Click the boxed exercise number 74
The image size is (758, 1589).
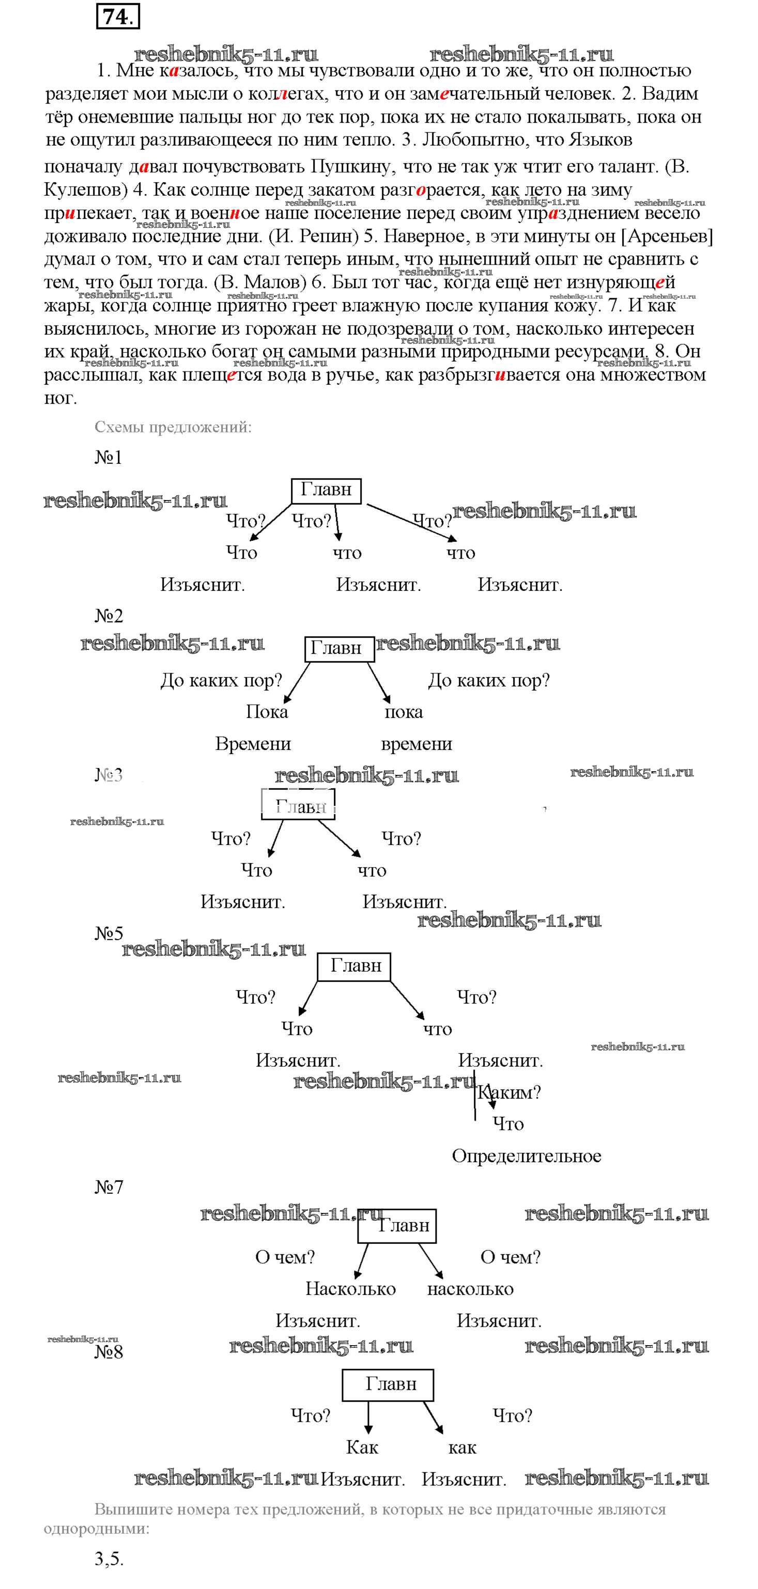(x=118, y=17)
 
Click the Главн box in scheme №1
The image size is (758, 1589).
(x=326, y=490)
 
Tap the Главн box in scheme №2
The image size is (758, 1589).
(x=339, y=649)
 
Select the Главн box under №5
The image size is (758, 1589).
(x=354, y=966)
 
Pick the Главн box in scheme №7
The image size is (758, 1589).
(x=398, y=1226)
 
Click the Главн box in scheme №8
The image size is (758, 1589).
(x=388, y=1384)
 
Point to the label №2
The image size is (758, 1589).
(x=109, y=616)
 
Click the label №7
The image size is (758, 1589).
(x=109, y=1187)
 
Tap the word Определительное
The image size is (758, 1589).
(x=526, y=1156)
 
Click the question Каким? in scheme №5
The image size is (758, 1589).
(x=509, y=1093)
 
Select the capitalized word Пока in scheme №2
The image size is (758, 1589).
(x=267, y=712)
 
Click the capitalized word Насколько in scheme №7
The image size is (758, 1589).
(x=350, y=1288)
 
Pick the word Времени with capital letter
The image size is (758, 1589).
(x=253, y=744)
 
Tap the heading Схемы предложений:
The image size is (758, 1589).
(x=173, y=427)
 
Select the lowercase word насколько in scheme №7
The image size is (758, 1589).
(x=470, y=1288)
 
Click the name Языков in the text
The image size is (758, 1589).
(x=600, y=140)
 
